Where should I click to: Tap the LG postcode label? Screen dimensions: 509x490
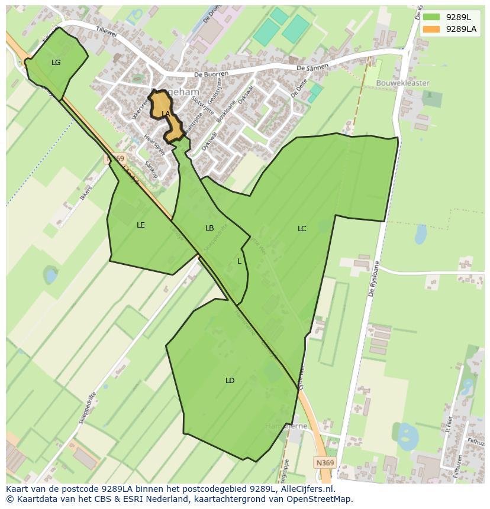[x=56, y=63]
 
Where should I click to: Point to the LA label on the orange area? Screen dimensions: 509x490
[x=166, y=114]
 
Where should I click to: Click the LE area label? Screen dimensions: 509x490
[x=141, y=225]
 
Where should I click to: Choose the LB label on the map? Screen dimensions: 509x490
[x=209, y=228]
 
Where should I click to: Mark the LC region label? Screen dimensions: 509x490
[x=302, y=229]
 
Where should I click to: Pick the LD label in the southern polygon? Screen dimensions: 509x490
[x=230, y=381]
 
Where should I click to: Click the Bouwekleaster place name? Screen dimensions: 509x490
[x=403, y=83]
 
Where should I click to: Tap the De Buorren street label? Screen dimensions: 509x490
[x=211, y=74]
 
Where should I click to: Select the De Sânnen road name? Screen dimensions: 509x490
[x=312, y=68]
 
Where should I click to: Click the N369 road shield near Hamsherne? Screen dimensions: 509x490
[x=324, y=463]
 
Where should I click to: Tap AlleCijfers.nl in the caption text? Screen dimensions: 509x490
[x=306, y=489]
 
